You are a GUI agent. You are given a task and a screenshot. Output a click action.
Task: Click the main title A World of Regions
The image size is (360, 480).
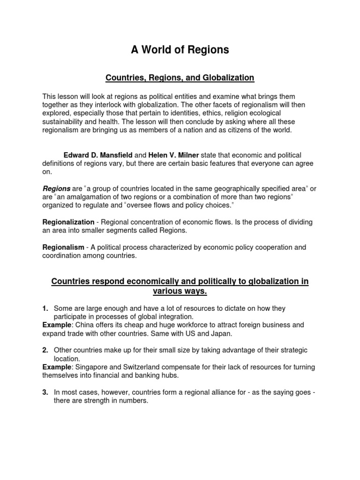[x=180, y=50]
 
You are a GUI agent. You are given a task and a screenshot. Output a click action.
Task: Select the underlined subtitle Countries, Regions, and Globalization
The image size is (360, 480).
[x=180, y=77]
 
